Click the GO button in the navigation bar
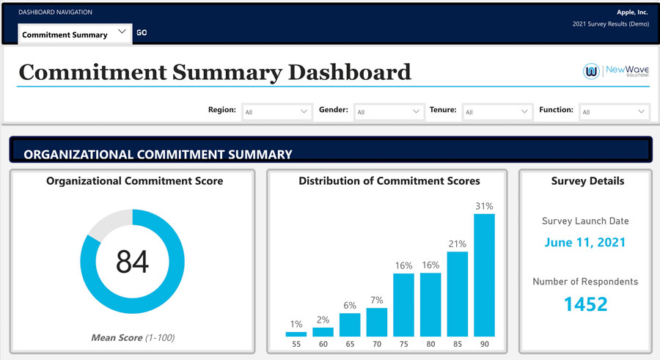pyautogui.click(x=142, y=32)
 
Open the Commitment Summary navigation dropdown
pyautogui.click(x=75, y=34)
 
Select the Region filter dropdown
pyautogui.click(x=276, y=111)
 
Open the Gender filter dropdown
pyautogui.click(x=389, y=111)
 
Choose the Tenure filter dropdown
pyautogui.click(x=497, y=111)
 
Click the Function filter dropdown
pyautogui.click(x=614, y=111)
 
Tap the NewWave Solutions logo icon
pyautogui.click(x=591, y=71)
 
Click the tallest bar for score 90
pyautogui.click(x=484, y=275)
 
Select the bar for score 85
pyautogui.click(x=457, y=294)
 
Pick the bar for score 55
pyautogui.click(x=296, y=334)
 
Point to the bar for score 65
pyautogui.click(x=350, y=325)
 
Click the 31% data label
pyautogui.click(x=484, y=206)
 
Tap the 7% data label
pyautogui.click(x=377, y=300)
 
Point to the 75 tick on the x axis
pyautogui.click(x=403, y=344)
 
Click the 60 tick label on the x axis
pyautogui.click(x=323, y=344)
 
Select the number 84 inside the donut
pyautogui.click(x=132, y=262)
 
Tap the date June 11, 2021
pyautogui.click(x=585, y=242)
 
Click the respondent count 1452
pyautogui.click(x=585, y=304)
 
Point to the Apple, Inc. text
pyautogui.click(x=632, y=12)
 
